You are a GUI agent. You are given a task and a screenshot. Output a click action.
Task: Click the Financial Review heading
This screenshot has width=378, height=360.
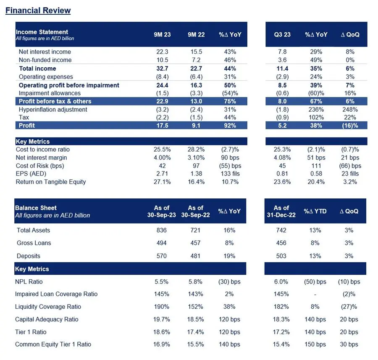click(x=38, y=11)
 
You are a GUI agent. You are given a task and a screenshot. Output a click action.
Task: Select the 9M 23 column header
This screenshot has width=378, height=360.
click(x=162, y=35)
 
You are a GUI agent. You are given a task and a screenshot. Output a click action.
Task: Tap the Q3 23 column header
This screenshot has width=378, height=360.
click(x=282, y=35)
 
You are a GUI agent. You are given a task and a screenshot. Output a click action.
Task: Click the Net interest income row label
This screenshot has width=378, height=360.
click(x=45, y=52)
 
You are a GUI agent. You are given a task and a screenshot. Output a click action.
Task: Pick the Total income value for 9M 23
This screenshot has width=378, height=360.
click(x=162, y=68)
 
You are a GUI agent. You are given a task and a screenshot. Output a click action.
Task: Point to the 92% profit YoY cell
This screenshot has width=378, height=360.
click(x=230, y=125)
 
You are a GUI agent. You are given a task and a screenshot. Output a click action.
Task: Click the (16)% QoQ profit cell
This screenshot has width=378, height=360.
click(x=350, y=125)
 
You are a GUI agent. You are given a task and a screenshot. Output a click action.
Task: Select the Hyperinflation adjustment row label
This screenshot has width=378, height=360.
click(x=53, y=110)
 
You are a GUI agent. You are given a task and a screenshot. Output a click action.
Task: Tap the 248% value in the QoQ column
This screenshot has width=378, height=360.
click(x=350, y=110)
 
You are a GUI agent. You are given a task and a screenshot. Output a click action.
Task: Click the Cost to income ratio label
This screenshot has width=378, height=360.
click(x=43, y=150)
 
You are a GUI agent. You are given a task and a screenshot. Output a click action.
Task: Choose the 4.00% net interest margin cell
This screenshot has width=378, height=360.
click(x=162, y=158)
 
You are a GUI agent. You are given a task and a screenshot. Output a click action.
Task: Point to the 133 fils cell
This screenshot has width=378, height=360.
click(x=230, y=173)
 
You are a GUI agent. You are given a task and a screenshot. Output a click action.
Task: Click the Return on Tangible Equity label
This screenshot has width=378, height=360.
click(x=51, y=182)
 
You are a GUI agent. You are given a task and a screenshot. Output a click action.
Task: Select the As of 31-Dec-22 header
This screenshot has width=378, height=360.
click(x=281, y=211)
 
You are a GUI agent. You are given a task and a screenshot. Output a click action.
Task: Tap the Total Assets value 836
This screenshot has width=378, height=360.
click(x=162, y=230)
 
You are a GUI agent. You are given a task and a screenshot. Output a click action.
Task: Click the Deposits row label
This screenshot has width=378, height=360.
click(x=29, y=256)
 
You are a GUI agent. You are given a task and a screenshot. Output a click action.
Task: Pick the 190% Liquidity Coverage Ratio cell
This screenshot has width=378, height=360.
click(x=162, y=307)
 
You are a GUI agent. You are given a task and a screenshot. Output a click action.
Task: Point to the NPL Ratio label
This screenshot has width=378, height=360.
click(x=29, y=281)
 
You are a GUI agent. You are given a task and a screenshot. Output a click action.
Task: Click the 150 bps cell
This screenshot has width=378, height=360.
click(x=315, y=344)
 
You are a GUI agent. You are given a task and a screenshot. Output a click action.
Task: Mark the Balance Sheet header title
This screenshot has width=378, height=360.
click(x=36, y=208)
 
